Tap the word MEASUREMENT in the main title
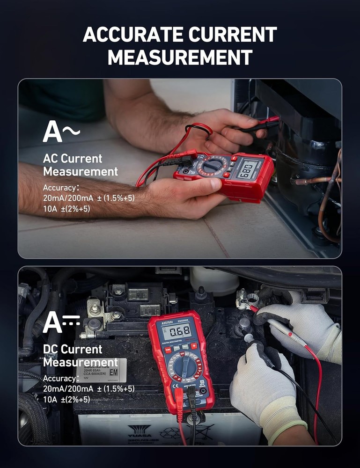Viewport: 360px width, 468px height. pos(180,57)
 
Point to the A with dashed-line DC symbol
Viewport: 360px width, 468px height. pos(61,322)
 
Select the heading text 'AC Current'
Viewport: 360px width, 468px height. pos(73,159)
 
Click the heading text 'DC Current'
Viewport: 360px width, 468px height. pos(73,349)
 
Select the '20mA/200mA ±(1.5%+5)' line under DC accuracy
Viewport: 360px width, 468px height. pos(88,389)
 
